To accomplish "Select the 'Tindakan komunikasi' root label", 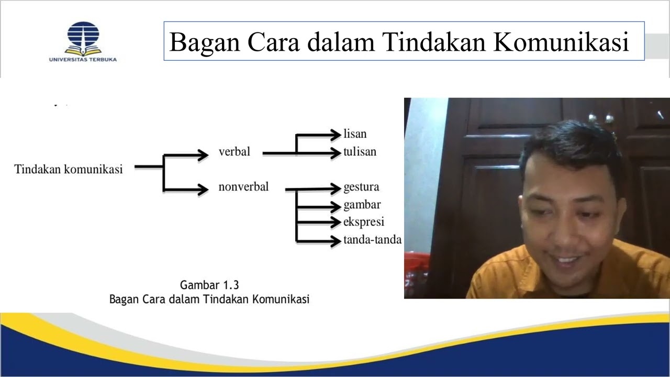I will [69, 169].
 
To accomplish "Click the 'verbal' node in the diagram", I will [234, 152].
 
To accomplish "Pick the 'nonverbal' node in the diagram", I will [243, 186].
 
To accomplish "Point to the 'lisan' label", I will [355, 134].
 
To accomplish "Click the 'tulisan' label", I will [360, 152].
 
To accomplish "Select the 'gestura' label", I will [361, 187].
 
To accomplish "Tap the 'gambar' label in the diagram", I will [362, 204].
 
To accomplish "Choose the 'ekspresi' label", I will [364, 221].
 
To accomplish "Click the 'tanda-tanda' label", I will [372, 240].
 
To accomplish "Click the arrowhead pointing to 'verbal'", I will [203, 154].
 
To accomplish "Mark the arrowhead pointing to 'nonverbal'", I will [203, 189].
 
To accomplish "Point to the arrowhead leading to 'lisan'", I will [334, 135].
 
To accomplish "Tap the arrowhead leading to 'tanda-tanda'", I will [334, 241].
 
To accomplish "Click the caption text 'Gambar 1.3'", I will [209, 285].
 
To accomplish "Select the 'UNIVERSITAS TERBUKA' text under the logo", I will [83, 60].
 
